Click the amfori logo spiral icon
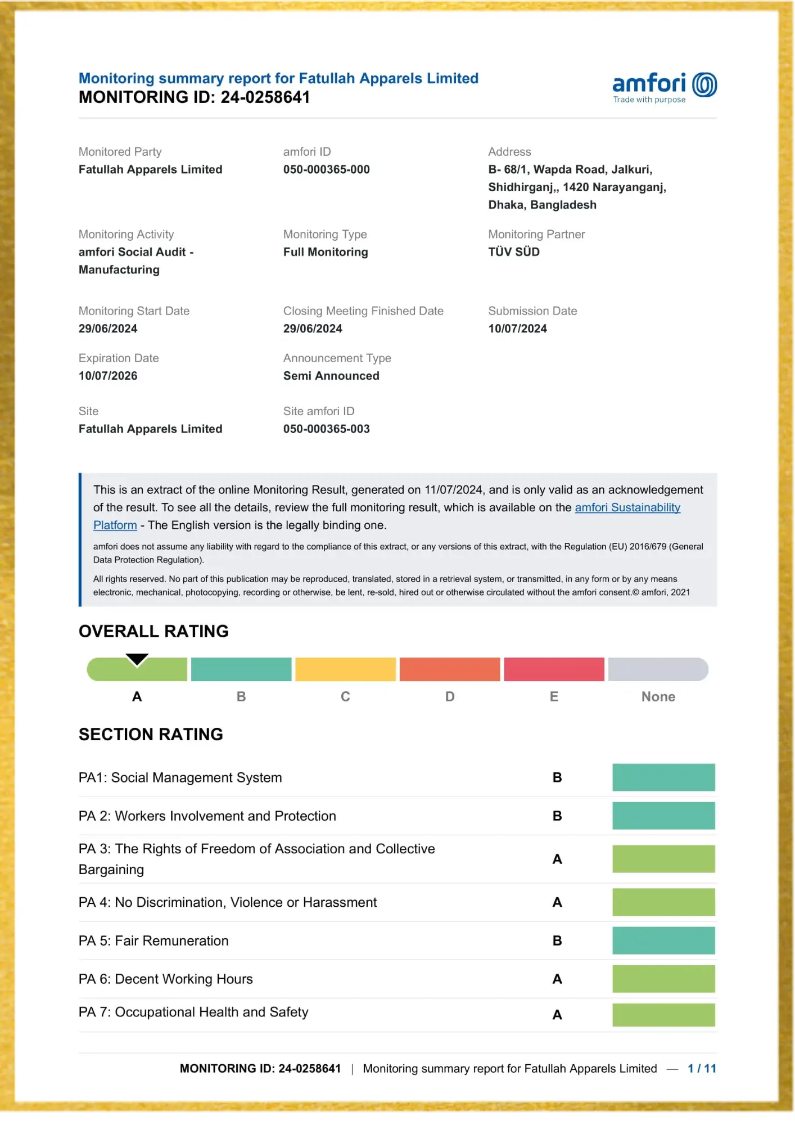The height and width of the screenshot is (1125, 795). point(704,85)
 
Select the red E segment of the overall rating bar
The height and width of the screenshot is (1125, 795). point(554,669)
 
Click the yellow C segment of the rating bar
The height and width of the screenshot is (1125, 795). point(345,669)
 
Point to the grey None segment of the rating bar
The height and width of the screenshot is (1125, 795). point(658,669)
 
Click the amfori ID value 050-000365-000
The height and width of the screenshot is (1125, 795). point(326,169)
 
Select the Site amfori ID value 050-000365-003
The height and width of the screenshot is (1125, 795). point(326,429)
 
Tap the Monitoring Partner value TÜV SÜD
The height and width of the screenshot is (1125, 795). point(513,252)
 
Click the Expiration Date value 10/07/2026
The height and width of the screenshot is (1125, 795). point(108,376)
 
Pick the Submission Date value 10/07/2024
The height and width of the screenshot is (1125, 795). point(517,328)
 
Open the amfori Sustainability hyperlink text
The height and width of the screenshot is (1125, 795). point(627,507)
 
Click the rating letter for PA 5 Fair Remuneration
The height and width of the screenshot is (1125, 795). point(557,940)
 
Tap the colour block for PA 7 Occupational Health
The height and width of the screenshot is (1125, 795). point(663,1015)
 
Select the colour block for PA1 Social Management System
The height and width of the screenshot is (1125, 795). point(663,777)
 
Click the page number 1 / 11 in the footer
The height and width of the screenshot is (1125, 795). point(702,1068)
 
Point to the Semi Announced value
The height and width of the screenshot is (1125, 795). point(331,376)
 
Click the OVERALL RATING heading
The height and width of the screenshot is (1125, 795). point(153,631)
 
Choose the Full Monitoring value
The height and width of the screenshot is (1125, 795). point(326,252)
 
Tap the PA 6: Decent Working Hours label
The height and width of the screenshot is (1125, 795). point(165,979)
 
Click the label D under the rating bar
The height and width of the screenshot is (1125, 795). point(450,696)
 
